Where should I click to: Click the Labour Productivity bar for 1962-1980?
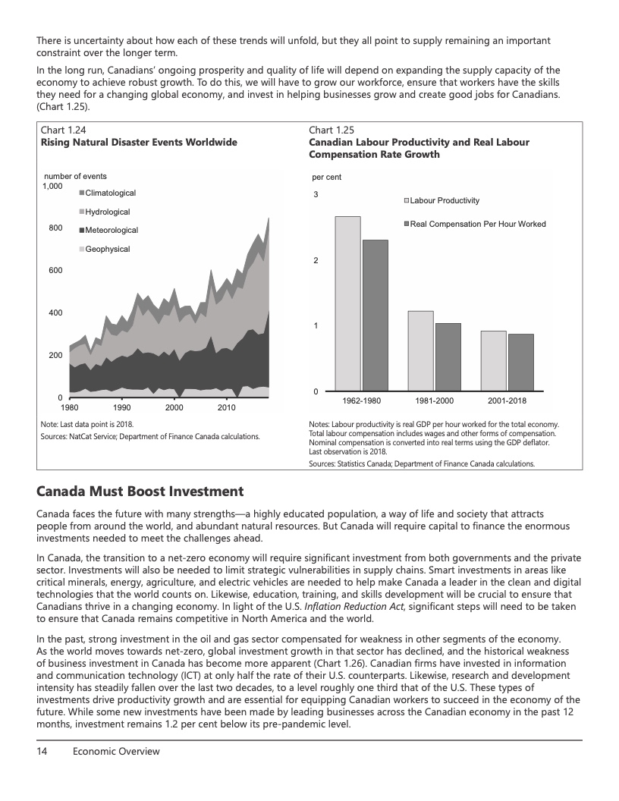(x=347, y=303)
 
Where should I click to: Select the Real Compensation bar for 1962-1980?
(x=375, y=315)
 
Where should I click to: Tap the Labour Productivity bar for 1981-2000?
(x=420, y=350)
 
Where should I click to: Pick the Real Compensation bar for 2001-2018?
(x=520, y=362)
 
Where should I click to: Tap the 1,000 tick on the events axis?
(x=52, y=186)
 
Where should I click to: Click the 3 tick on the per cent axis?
(x=316, y=196)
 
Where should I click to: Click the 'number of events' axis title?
(x=75, y=176)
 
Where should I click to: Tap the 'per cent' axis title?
(x=327, y=177)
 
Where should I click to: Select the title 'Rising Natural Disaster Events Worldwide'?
(x=139, y=142)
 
